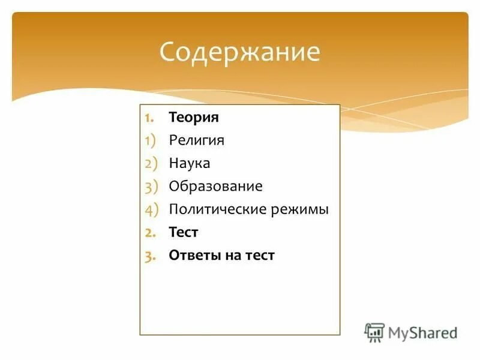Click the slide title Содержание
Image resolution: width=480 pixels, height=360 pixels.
pos(239,52)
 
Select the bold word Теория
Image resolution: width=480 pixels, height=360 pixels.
pos(194,117)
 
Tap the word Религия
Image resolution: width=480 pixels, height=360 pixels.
pos(196,140)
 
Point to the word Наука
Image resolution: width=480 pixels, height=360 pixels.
pos(190,163)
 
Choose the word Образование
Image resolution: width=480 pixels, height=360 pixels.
pos(215,186)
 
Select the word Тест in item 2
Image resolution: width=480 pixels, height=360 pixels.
pos(184,232)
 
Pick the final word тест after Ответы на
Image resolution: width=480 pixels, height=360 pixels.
pos(260,255)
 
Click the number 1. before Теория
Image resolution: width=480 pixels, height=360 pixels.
pos(150,117)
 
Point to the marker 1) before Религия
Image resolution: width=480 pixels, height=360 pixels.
pos(150,140)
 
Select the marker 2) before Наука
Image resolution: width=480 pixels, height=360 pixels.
pos(150,163)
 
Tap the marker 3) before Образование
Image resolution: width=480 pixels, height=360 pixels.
pos(150,186)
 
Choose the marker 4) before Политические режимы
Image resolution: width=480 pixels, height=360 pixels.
pos(150,209)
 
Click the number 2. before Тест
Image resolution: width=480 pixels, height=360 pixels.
pos(150,232)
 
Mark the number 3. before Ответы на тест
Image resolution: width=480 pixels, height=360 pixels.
pos(150,255)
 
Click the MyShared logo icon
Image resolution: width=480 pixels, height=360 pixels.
pos(374,332)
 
